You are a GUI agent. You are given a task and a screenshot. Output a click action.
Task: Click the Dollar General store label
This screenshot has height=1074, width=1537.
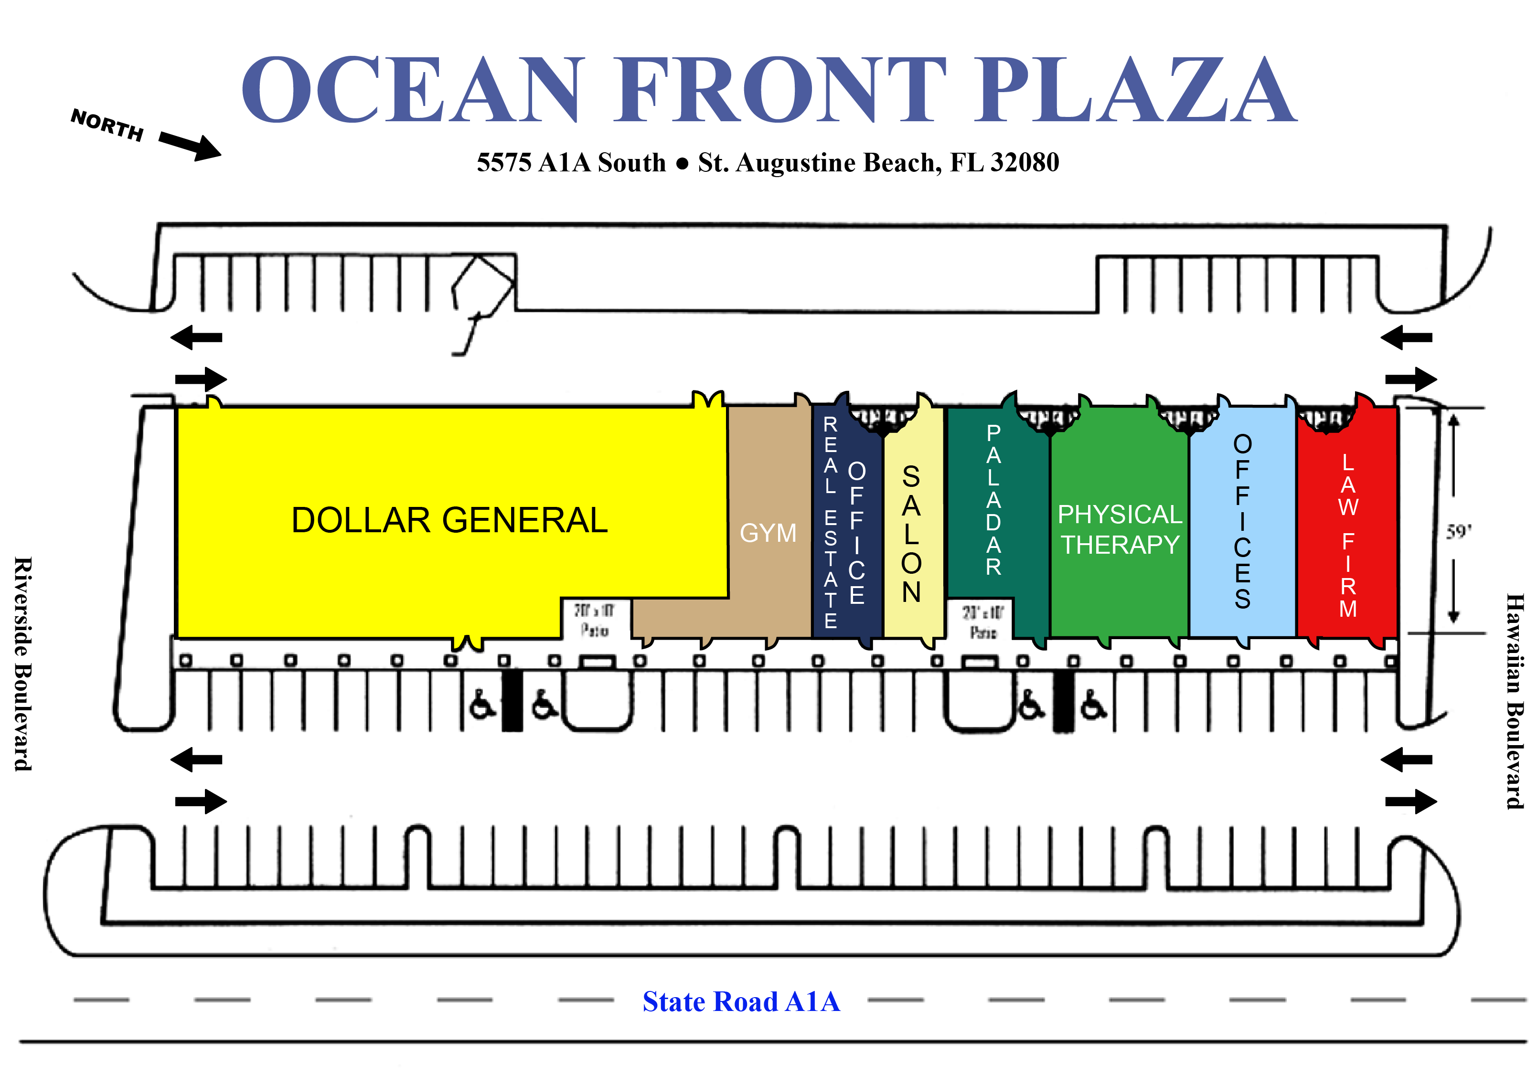point(449,521)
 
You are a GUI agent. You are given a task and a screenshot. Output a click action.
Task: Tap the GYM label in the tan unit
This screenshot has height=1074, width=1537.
point(768,533)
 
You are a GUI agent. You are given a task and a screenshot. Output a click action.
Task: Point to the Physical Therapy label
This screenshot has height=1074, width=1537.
point(1119,529)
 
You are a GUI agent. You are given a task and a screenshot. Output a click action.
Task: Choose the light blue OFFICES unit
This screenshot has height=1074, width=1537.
point(1242,522)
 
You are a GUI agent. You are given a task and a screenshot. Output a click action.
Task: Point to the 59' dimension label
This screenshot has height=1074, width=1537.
point(1458,532)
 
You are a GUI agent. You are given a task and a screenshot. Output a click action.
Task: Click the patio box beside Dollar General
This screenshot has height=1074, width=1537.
point(595,620)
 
